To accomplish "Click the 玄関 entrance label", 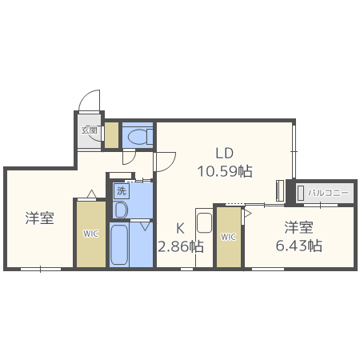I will (89, 130).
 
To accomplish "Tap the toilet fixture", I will (138, 137).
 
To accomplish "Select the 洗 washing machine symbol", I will (121, 190).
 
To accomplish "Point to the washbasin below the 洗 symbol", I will (121, 210).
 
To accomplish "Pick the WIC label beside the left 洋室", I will (90, 234).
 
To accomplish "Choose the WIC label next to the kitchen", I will (229, 237).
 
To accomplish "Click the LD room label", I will (224, 152).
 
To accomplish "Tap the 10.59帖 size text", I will (225, 170).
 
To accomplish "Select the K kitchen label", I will (181, 226).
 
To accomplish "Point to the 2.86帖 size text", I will (180, 246).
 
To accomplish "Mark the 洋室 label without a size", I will (39, 218).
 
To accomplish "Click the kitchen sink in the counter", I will (203, 224).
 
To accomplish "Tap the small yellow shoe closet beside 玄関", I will (111, 134).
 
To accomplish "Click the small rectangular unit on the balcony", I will (302, 193).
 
